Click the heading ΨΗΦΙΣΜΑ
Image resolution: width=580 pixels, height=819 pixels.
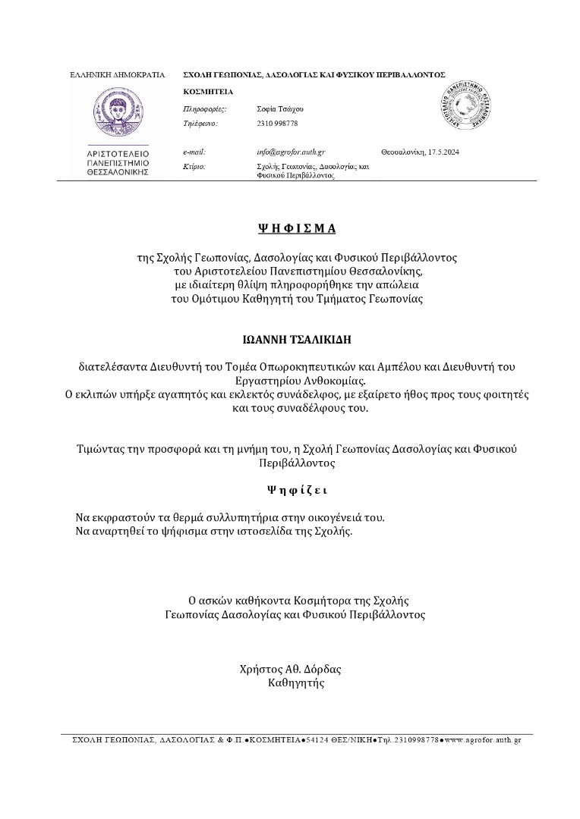[x=296, y=227]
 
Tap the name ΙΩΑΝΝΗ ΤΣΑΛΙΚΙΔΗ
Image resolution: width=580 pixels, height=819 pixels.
[x=297, y=339]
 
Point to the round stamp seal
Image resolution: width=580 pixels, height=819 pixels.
[x=468, y=108]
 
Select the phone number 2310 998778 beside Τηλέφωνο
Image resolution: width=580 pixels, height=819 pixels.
[x=278, y=123]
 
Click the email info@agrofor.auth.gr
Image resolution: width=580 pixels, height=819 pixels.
[x=292, y=152]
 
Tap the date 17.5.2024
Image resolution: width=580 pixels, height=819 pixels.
[x=444, y=152]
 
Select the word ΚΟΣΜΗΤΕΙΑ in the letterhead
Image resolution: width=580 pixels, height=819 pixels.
[x=209, y=93]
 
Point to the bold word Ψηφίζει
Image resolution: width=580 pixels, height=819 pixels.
[x=297, y=490]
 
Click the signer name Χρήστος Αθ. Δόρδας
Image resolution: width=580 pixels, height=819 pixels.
[x=290, y=670]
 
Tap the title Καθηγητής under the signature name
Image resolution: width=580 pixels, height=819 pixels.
[x=296, y=682]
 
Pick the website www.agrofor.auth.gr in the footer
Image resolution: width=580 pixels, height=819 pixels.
[x=484, y=739]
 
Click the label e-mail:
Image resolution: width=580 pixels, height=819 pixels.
[x=194, y=152]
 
